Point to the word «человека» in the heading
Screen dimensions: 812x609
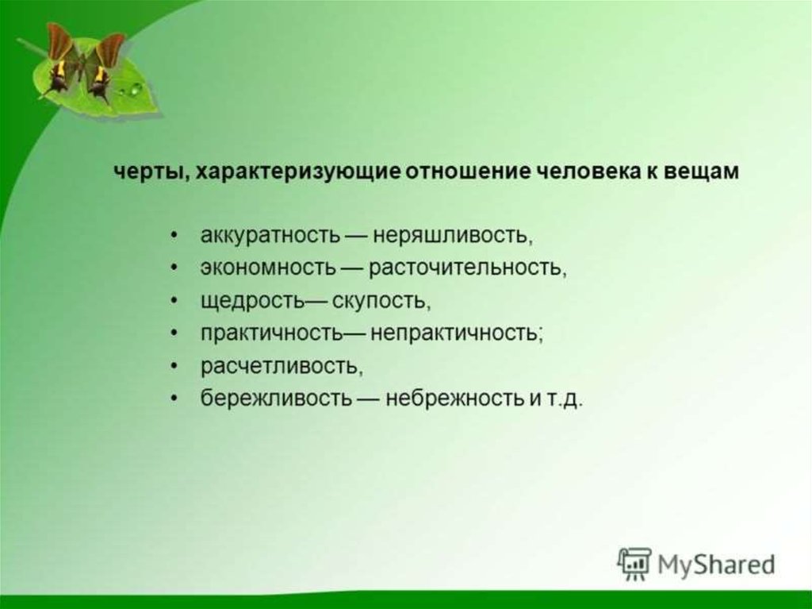point(589,172)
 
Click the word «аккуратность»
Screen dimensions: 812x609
point(271,237)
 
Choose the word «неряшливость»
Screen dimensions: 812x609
point(451,237)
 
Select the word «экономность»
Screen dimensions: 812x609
point(268,268)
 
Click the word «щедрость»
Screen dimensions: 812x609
point(251,302)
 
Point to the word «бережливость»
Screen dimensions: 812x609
point(276,399)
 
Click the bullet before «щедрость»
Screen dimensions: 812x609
point(175,302)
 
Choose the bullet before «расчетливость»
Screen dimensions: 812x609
point(175,366)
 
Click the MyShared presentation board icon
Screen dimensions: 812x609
point(634,564)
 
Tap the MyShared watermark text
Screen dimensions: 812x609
point(717,565)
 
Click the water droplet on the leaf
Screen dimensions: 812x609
point(136,89)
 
